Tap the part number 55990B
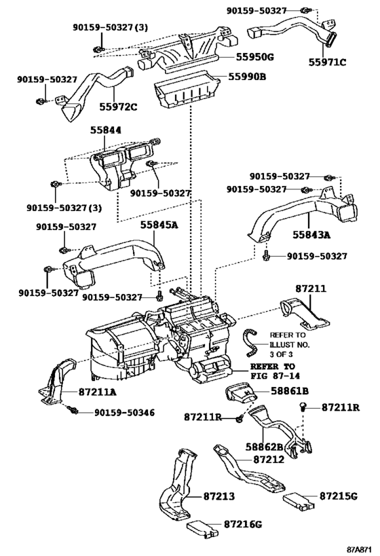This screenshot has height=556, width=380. pyautogui.click(x=245, y=77)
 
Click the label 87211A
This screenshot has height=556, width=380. pyautogui.click(x=96, y=391)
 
